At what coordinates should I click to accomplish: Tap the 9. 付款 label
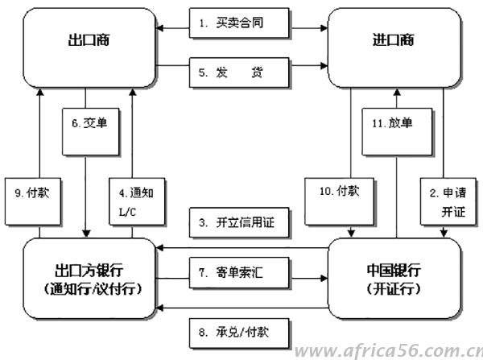[x=32, y=194]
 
